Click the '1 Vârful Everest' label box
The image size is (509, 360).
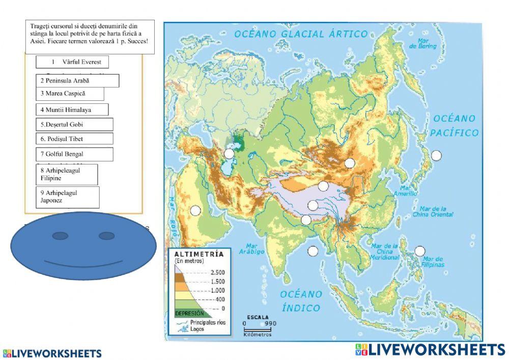(72, 62)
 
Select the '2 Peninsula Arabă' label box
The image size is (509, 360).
(77, 80)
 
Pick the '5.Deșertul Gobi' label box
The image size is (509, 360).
(74, 125)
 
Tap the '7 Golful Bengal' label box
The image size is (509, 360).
(74, 154)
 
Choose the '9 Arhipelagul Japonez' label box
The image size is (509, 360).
(67, 197)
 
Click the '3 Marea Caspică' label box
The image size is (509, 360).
(70, 94)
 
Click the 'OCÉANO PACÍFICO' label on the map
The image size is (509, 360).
(456, 126)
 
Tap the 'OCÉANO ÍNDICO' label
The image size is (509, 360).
(301, 301)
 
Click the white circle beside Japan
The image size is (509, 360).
(436, 155)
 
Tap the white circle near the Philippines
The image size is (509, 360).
(419, 251)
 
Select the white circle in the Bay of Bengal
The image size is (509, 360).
(313, 251)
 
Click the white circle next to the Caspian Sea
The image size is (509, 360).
(230, 154)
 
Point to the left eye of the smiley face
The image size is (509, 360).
(60, 236)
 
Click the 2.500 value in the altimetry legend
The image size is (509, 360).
(217, 272)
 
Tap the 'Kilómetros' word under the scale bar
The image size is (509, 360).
(258, 335)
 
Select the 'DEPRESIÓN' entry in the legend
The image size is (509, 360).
(189, 314)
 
